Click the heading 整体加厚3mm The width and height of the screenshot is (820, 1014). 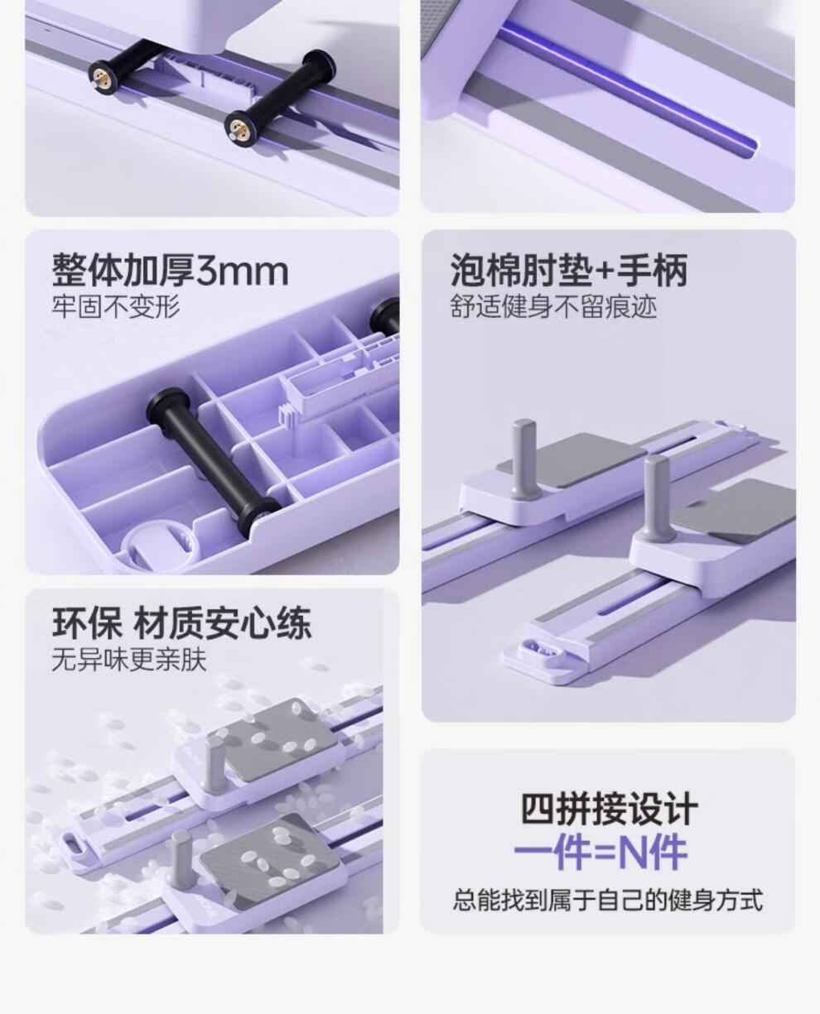click(x=170, y=271)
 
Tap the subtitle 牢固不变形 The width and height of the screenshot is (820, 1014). click(x=116, y=306)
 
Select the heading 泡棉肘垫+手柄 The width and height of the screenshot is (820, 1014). click(x=569, y=270)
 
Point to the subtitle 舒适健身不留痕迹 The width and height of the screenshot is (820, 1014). click(x=553, y=306)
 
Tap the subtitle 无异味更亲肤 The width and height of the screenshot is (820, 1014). click(x=129, y=660)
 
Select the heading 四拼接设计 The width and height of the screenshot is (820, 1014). click(x=609, y=809)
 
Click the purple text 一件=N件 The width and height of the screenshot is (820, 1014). click(x=601, y=853)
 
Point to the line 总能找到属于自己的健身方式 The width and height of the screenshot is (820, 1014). click(x=608, y=899)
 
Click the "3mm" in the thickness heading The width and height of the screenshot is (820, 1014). click(x=243, y=272)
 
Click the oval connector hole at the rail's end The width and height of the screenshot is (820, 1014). click(x=543, y=648)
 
